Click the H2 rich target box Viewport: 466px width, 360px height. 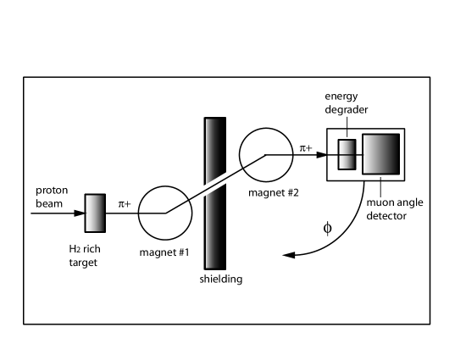(94, 213)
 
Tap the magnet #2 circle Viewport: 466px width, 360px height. (265, 155)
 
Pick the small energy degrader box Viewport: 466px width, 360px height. (347, 155)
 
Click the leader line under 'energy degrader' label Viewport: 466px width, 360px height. (347, 130)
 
